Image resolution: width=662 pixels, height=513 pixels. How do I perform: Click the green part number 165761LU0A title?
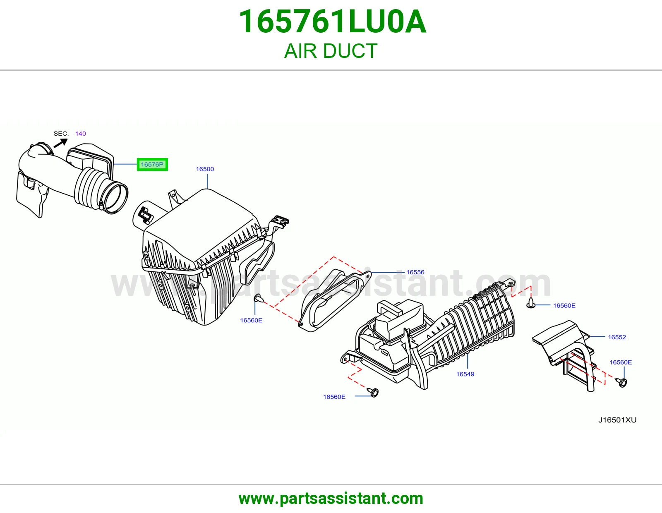tap(332, 22)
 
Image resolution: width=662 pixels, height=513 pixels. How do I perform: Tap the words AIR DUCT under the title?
tap(331, 51)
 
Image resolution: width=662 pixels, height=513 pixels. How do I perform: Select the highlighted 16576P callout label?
tap(152, 165)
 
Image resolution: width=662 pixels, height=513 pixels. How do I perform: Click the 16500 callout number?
tap(205, 169)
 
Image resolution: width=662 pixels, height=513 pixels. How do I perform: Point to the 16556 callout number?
tap(415, 272)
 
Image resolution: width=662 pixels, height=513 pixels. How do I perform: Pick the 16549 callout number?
tap(465, 374)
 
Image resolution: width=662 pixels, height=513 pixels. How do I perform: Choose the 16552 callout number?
tap(617, 337)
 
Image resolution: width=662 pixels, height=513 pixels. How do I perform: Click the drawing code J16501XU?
tap(617, 420)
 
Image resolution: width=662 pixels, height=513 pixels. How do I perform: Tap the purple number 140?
tap(80, 134)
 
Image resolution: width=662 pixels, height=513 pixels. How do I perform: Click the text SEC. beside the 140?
tap(61, 134)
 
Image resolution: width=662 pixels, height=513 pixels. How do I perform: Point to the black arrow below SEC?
tap(61, 143)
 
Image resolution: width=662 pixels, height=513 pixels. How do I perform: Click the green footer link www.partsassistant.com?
tap(331, 499)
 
